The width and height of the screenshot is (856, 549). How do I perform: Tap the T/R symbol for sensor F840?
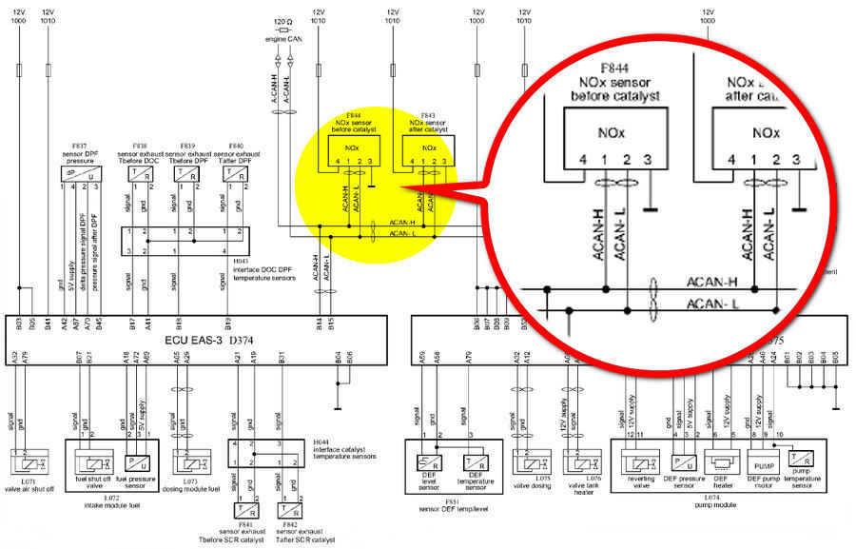click(234, 173)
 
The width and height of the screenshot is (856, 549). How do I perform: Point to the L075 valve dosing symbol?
click(529, 463)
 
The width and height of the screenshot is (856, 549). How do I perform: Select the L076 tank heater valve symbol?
click(576, 463)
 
